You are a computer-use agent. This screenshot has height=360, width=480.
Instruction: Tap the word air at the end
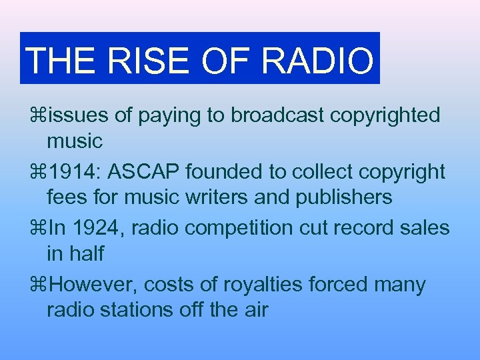coord(254,310)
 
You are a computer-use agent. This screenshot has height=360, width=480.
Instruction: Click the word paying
coord(165,115)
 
